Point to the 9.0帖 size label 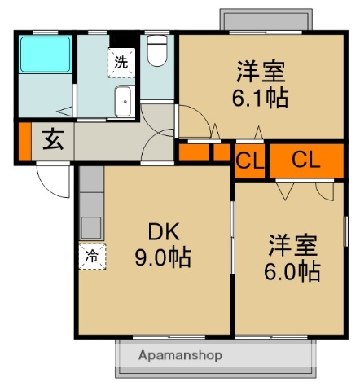click(x=162, y=259)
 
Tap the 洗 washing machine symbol click(x=121, y=61)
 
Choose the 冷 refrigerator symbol click(x=91, y=256)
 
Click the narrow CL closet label click(x=248, y=160)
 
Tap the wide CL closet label click(x=305, y=159)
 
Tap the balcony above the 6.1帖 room click(x=265, y=20)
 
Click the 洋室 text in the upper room click(x=261, y=72)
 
